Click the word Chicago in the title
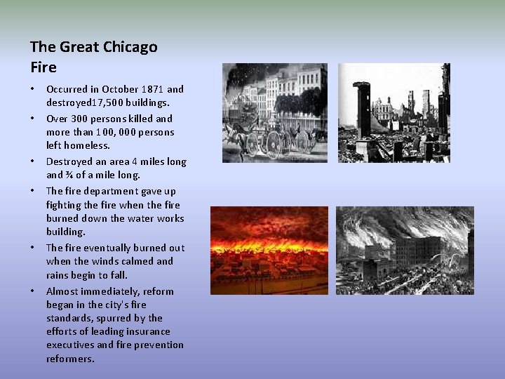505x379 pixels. pos(130,47)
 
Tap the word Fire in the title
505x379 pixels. pos(43,68)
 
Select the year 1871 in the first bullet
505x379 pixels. pos(153,89)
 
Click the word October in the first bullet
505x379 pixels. pos(121,89)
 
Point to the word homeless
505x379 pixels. pos(86,145)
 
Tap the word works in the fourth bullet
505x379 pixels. pos(170,218)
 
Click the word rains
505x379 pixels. pos(58,275)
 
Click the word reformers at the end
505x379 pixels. pos(70,359)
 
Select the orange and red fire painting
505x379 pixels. pos(269,251)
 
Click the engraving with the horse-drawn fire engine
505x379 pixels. pos(274,113)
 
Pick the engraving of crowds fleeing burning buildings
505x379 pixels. pos(405,251)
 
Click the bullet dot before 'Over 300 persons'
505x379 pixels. pos(32,119)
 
